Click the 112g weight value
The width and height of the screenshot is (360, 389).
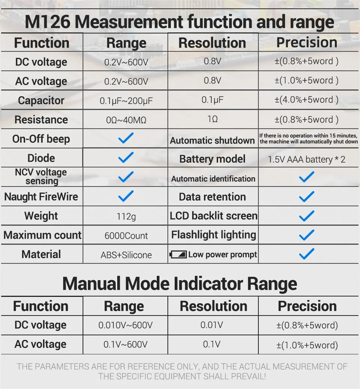(126, 216)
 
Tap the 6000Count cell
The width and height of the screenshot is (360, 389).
(126, 236)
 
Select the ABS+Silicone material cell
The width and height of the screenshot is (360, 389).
(126, 255)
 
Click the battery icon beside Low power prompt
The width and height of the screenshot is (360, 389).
(178, 255)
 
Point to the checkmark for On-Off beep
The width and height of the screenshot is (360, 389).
(126, 138)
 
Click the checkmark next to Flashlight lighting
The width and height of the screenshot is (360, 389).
(306, 235)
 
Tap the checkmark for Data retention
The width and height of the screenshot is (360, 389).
(306, 196)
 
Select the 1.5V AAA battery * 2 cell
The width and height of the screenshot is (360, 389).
(306, 159)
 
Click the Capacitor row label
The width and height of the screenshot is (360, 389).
(41, 101)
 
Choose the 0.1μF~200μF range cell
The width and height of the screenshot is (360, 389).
(126, 101)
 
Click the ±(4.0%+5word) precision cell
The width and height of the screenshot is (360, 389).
(306, 100)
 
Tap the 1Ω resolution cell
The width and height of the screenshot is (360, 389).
(212, 119)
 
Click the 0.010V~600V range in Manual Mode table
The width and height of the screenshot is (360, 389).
(126, 325)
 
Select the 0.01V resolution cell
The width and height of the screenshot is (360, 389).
(212, 324)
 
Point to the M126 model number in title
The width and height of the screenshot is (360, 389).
(47, 22)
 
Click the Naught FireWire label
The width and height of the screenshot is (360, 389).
(41, 197)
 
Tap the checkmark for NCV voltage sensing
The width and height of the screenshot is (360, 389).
(126, 176)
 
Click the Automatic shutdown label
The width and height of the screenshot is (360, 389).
(212, 141)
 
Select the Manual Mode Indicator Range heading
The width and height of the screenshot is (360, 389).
(180, 284)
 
